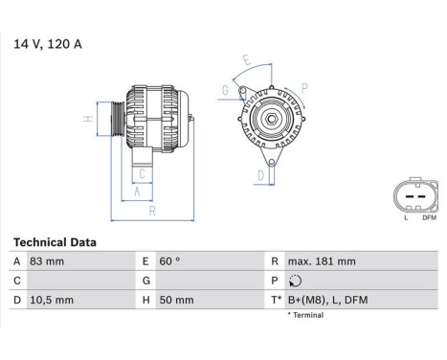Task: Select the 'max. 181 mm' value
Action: click(323, 261)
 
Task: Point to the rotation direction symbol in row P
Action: click(294, 281)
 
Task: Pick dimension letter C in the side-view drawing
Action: click(142, 173)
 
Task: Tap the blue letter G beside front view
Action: click(225, 91)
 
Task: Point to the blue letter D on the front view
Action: click(259, 175)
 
